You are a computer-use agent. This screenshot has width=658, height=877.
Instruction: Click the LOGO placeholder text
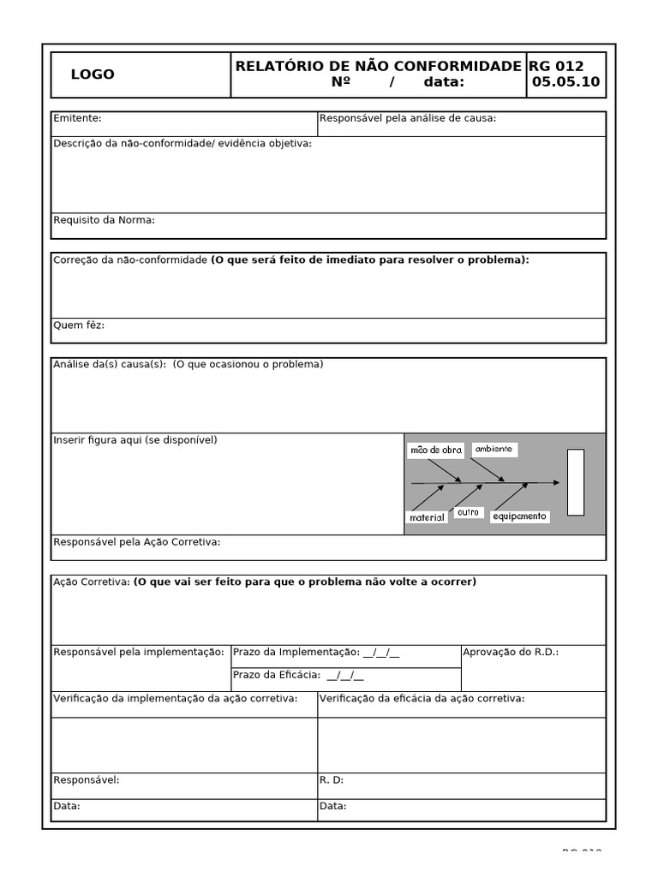point(93,75)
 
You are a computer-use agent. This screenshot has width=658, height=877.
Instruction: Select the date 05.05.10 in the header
point(565,83)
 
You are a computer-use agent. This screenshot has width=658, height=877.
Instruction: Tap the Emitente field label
point(77,118)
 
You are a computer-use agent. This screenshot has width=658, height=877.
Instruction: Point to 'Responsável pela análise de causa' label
point(408,118)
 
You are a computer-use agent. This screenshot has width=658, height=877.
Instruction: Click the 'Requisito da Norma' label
point(104,220)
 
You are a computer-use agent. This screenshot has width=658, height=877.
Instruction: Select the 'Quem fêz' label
point(79,325)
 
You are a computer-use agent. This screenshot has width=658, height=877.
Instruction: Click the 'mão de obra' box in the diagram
point(436,450)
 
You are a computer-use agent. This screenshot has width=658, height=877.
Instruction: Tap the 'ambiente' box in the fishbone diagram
point(493,449)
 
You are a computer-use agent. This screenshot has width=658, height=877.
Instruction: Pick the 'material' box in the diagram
point(428,518)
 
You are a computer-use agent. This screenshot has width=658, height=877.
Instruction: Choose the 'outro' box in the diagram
point(468,512)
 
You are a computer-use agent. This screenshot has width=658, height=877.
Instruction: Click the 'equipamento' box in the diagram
point(519,516)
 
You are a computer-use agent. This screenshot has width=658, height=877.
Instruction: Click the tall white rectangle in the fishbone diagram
point(576,482)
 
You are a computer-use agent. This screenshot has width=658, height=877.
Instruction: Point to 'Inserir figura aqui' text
point(135,440)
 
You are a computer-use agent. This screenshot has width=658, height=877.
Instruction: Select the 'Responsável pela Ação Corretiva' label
point(137,542)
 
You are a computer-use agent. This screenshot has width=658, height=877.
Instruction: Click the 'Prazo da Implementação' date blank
point(381,653)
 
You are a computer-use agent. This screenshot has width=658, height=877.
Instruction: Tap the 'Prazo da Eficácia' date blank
point(345,676)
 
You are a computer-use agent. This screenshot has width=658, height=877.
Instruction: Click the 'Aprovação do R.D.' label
point(511,653)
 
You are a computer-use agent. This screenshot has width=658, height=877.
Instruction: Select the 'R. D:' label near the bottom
point(332,780)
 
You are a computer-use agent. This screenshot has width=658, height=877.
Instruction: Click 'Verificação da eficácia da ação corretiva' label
point(422,699)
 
